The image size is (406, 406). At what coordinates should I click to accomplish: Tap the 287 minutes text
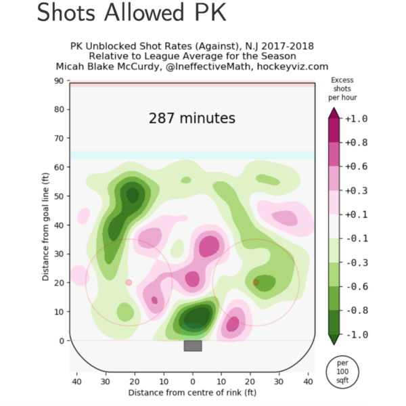tap(192, 118)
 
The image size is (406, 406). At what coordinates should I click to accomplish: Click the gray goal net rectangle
tap(193, 346)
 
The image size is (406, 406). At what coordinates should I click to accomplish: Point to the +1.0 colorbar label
tap(357, 119)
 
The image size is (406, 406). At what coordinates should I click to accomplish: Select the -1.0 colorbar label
tap(357, 334)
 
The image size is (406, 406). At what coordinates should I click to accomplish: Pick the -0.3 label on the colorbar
tap(357, 263)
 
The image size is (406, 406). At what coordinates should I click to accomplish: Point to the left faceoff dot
tap(129, 282)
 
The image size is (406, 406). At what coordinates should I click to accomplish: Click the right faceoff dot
tap(256, 282)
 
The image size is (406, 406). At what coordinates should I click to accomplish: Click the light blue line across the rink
tap(193, 155)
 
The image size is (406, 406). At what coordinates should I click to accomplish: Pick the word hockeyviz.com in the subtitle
tap(295, 66)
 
